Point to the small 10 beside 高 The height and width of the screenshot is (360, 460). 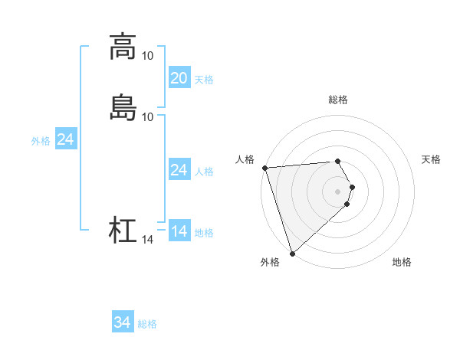coord(147,56)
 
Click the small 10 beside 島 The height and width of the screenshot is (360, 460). coord(147,116)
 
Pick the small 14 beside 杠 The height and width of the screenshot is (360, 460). coord(147,240)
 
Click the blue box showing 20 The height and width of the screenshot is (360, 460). coord(179,78)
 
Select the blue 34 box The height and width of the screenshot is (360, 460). coord(123,323)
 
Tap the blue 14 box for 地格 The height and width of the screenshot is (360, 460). coord(179,231)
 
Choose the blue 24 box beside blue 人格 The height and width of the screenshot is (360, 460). coord(179,170)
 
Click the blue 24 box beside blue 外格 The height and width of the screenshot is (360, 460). coord(66,139)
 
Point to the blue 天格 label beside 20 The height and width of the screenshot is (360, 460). coord(204,80)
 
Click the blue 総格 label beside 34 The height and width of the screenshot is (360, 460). coord(147,325)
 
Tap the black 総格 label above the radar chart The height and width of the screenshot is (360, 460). coord(338,100)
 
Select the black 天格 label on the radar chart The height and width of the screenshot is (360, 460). coord(431,159)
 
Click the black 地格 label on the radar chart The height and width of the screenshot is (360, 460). coord(402,262)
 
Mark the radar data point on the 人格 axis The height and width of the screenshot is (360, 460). coord(264,168)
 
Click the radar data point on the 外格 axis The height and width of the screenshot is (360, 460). coord(292,254)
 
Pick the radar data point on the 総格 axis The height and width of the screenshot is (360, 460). coord(338,161)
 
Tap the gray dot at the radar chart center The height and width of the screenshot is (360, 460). coord(338,191)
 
